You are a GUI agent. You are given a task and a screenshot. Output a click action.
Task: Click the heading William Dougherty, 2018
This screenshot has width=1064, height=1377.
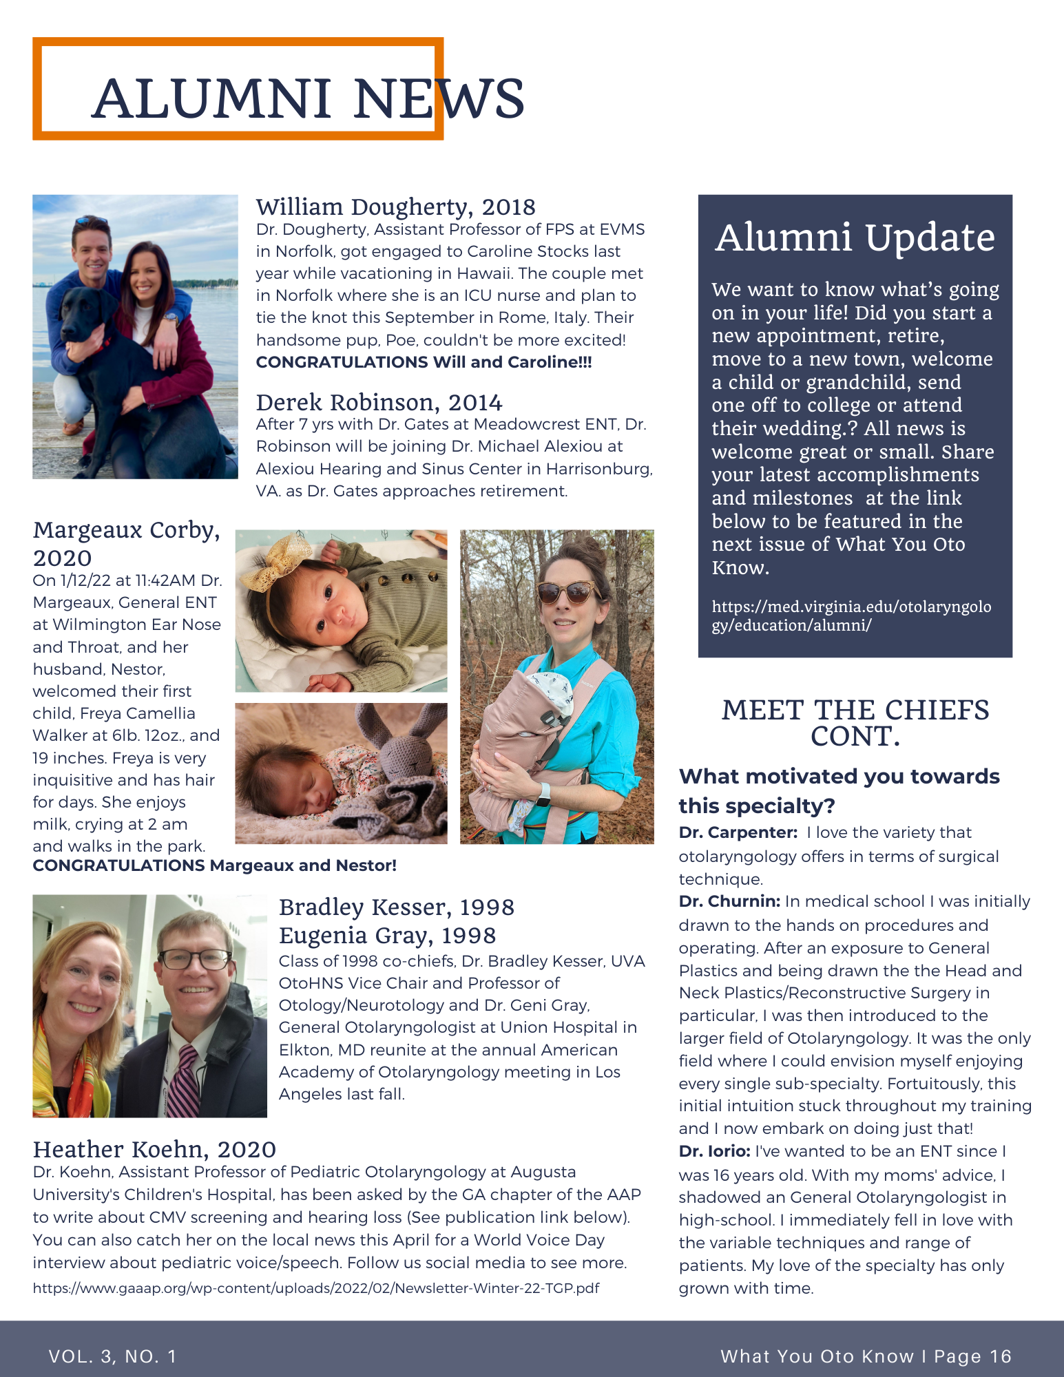tap(395, 207)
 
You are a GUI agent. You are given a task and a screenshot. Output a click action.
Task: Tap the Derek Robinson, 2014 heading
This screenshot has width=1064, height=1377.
tap(379, 402)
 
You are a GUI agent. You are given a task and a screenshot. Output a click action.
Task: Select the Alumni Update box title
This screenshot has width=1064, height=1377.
tap(855, 238)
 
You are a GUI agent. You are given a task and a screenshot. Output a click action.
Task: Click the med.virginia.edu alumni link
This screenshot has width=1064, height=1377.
tap(851, 616)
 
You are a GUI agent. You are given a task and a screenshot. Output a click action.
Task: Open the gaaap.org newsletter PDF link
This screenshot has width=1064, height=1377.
tap(315, 1287)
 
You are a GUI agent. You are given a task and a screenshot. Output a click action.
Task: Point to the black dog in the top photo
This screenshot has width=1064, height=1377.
tap(131, 372)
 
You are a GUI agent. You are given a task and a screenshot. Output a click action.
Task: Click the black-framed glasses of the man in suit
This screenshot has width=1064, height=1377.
tap(194, 958)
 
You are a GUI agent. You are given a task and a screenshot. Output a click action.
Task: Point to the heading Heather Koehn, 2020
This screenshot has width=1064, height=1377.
tap(154, 1149)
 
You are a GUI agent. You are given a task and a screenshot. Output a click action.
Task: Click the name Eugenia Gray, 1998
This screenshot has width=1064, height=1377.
tap(387, 936)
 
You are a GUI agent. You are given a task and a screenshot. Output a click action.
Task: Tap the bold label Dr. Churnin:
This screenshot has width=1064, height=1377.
tap(729, 901)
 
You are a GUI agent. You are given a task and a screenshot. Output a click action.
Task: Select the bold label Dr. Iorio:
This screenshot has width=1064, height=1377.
tap(714, 1151)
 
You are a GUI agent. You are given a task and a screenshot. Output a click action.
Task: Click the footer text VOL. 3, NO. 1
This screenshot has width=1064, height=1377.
tap(113, 1356)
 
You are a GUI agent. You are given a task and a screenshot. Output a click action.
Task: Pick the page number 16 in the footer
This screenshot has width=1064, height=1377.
tap(1000, 1356)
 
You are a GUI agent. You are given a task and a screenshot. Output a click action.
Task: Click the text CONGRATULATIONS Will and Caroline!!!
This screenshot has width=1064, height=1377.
tap(424, 362)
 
